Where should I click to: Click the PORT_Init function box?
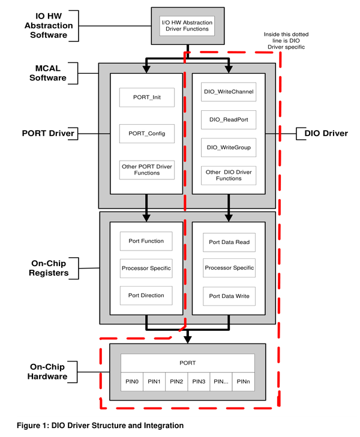(147, 97)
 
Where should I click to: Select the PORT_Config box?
(147, 134)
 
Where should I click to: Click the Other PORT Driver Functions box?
(147, 170)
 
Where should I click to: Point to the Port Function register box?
(146, 241)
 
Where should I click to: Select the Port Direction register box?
(146, 295)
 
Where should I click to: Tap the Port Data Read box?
(229, 242)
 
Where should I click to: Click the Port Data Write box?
(229, 296)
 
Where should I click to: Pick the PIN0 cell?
(132, 381)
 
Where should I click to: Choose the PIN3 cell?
(199, 381)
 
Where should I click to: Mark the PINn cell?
(243, 381)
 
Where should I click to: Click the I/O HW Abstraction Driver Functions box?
(187, 26)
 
